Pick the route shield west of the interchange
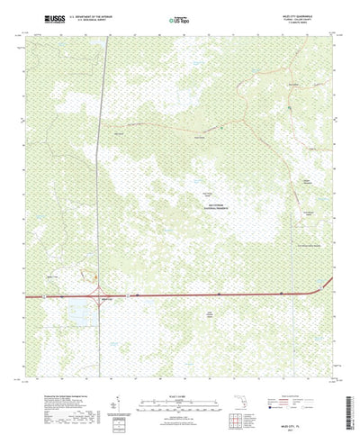pyautogui.click(x=40, y=295)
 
